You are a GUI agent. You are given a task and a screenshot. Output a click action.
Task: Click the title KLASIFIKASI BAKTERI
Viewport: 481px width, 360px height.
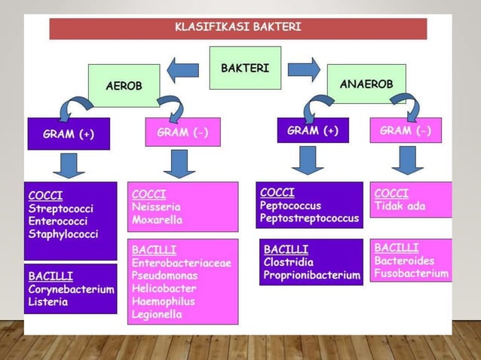pyautogui.click(x=237, y=28)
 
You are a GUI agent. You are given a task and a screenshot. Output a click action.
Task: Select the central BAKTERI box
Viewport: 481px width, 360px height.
pyautogui.click(x=245, y=68)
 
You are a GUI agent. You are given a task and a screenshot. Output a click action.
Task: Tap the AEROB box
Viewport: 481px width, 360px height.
pyautogui.click(x=124, y=86)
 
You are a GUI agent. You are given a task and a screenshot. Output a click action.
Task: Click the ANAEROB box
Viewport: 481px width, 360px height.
pyautogui.click(x=366, y=84)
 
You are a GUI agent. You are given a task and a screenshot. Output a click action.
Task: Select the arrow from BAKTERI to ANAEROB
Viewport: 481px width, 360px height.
pyautogui.click(x=304, y=69)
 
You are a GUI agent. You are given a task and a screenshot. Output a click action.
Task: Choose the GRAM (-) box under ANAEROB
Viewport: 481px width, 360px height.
pyautogui.click(x=406, y=130)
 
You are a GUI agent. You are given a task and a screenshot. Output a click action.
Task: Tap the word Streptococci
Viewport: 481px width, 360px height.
pyautogui.click(x=61, y=208)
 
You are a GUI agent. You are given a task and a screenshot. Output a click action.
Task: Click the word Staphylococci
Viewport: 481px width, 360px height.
pyautogui.click(x=63, y=234)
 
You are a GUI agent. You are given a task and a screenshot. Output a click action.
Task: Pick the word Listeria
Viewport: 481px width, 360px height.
pyautogui.click(x=48, y=302)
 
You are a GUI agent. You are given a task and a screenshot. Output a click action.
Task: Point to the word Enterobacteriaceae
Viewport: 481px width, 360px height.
pyautogui.click(x=181, y=263)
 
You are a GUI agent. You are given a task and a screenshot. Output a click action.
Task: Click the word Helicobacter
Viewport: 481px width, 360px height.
pyautogui.click(x=164, y=288)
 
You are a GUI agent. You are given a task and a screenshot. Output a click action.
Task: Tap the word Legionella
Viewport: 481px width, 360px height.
pyautogui.click(x=157, y=314)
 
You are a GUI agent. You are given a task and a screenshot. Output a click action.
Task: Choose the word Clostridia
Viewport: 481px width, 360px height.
pyautogui.click(x=289, y=261)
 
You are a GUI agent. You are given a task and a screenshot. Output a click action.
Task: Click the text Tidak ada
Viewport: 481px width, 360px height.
pyautogui.click(x=400, y=206)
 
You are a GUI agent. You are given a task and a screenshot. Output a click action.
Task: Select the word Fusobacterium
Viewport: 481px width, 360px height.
pyautogui.click(x=411, y=273)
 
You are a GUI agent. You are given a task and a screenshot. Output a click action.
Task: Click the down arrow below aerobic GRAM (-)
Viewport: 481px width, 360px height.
pyautogui.click(x=179, y=163)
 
